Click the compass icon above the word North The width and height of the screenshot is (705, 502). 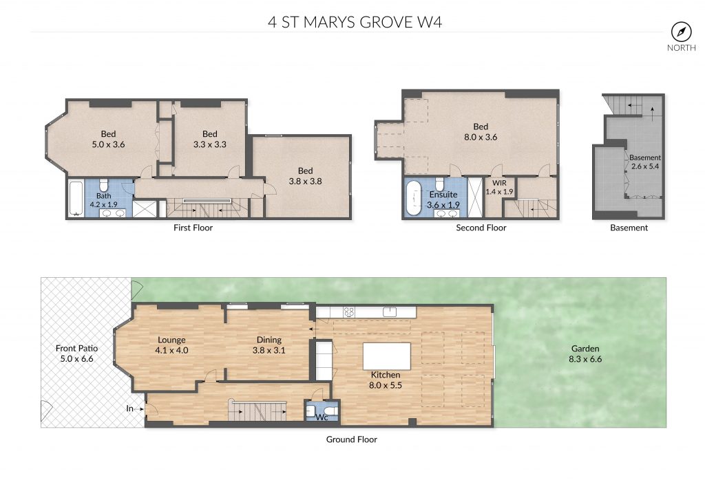pyautogui.click(x=681, y=32)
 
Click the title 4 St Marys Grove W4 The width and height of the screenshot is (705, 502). pyautogui.click(x=355, y=22)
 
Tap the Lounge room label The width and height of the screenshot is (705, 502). pyautogui.click(x=171, y=345)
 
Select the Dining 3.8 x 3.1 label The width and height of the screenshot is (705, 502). pyautogui.click(x=269, y=345)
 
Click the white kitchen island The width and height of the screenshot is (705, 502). pyautogui.click(x=387, y=356)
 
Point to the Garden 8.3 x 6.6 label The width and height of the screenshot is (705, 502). pyautogui.click(x=585, y=353)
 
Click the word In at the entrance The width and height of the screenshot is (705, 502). pyautogui.click(x=129, y=408)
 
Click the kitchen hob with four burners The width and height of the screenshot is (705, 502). pyautogui.click(x=349, y=312)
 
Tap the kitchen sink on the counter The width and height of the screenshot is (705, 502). pyautogui.click(x=390, y=312)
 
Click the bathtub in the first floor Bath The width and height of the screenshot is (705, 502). pyautogui.click(x=76, y=198)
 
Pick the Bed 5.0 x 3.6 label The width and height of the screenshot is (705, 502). pyautogui.click(x=108, y=139)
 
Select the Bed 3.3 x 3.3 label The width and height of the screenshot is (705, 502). pyautogui.click(x=209, y=139)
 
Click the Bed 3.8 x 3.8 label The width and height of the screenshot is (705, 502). pyautogui.click(x=305, y=176)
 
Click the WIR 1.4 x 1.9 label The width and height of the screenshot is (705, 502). pyautogui.click(x=499, y=187)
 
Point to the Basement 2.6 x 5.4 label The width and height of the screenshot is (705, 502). pyautogui.click(x=644, y=162)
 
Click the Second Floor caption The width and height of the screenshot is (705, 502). pyautogui.click(x=481, y=228)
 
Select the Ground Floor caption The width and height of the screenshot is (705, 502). pyautogui.click(x=352, y=439)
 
